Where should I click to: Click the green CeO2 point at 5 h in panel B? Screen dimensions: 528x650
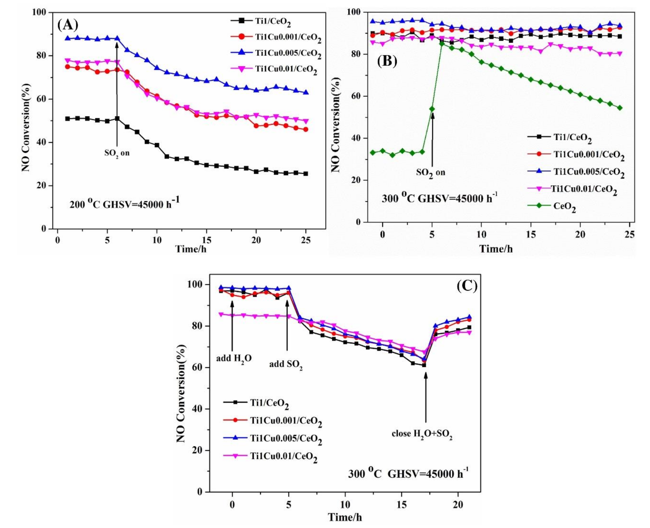pyautogui.click(x=432, y=109)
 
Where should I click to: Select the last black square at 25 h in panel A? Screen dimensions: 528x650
pyautogui.click(x=306, y=174)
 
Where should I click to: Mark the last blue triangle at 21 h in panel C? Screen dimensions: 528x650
pyautogui.click(x=469, y=317)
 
